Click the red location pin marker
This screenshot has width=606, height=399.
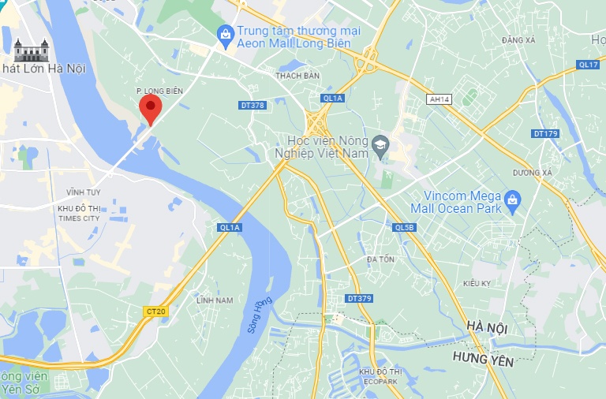click(x=150, y=107)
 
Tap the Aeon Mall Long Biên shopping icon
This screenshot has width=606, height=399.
click(x=226, y=33)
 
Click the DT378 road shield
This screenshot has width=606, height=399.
click(x=252, y=105)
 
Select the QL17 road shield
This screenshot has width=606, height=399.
click(x=588, y=65)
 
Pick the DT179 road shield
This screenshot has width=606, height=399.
click(x=545, y=133)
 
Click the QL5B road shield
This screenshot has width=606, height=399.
click(x=403, y=227)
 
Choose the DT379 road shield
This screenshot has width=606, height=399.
click(x=359, y=298)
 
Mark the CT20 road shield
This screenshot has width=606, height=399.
click(x=156, y=311)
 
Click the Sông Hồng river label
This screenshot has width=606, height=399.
click(x=259, y=314)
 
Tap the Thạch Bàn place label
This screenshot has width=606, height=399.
click(x=297, y=76)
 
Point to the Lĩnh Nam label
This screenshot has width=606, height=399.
click(x=215, y=300)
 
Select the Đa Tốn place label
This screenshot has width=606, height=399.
click(x=380, y=259)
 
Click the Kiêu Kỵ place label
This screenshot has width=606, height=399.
click(x=477, y=282)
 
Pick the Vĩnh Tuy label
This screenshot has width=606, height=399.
click(x=80, y=192)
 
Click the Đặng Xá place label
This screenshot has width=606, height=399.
click(x=518, y=39)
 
